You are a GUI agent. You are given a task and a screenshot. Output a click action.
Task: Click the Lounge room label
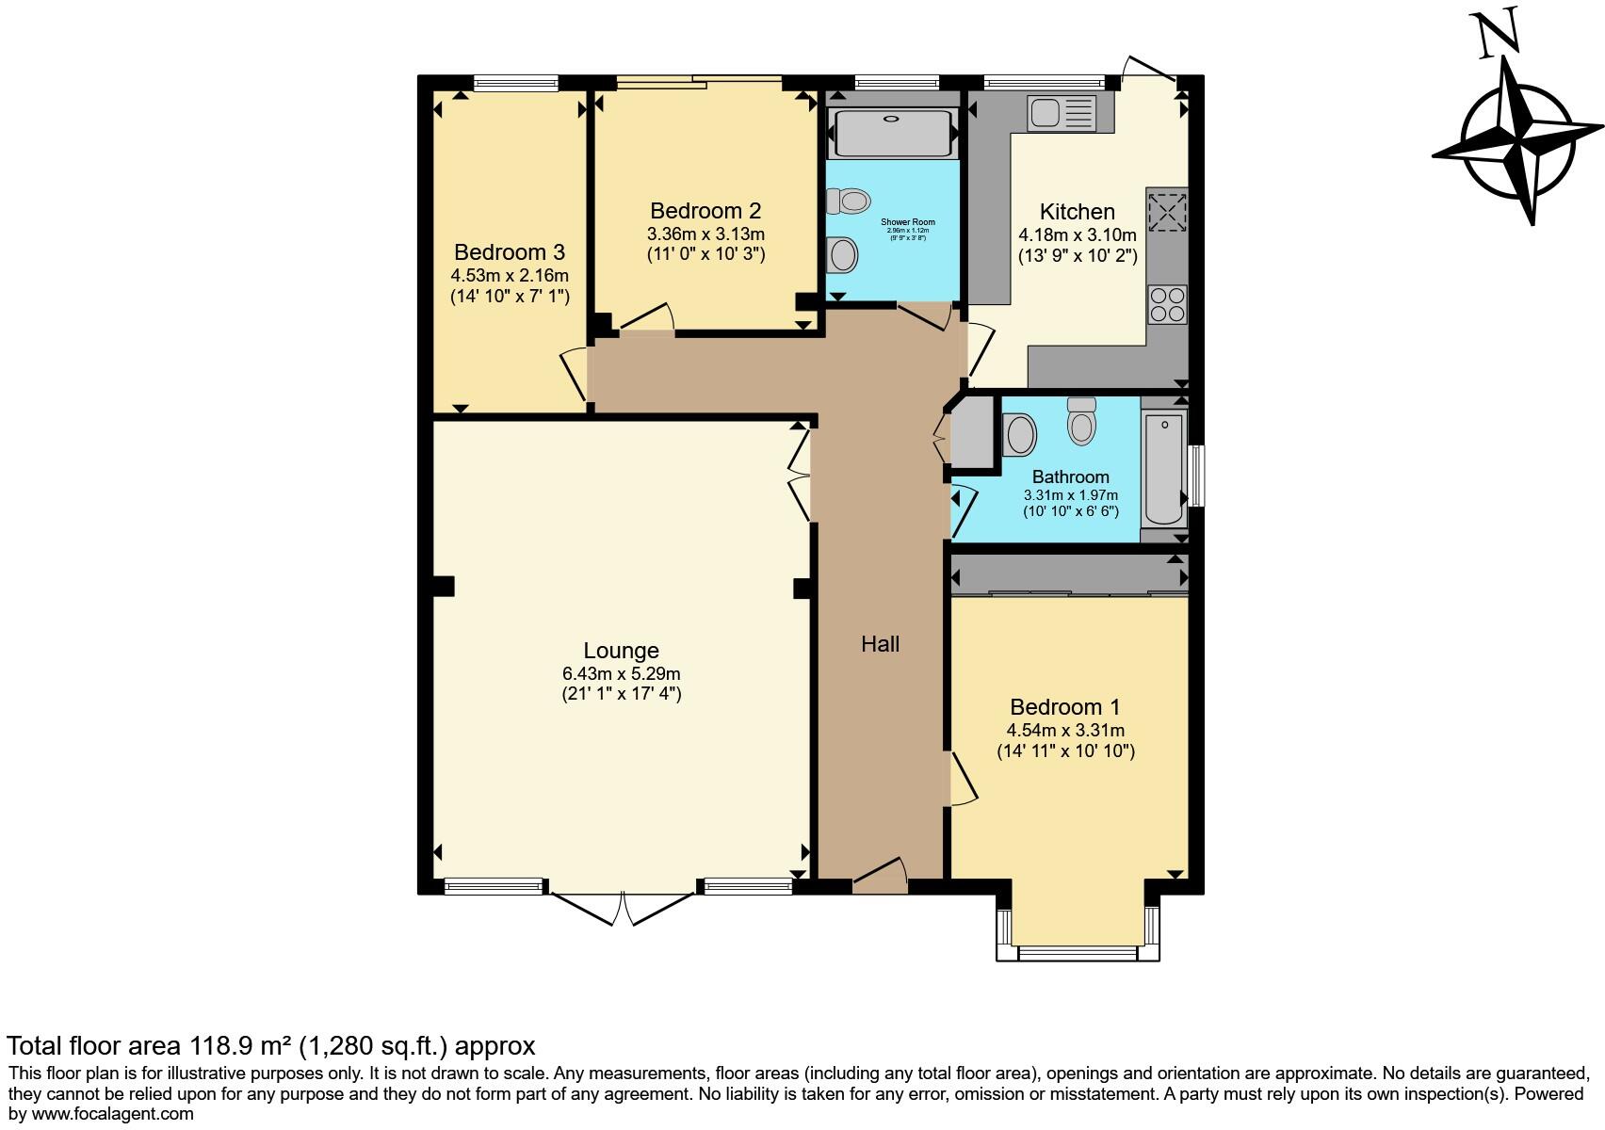621,651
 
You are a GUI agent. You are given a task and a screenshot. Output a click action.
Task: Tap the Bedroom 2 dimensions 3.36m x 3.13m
705,234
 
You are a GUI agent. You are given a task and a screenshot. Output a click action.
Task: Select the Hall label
880,644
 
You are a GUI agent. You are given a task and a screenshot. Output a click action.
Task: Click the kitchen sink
1062,113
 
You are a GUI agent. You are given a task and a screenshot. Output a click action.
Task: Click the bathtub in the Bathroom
1164,468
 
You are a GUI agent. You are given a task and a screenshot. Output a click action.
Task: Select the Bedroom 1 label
1065,707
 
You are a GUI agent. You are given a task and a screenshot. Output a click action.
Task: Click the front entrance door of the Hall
880,876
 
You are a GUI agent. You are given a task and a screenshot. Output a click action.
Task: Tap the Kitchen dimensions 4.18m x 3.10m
1077,234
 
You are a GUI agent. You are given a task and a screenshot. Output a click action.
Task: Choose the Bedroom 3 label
509,252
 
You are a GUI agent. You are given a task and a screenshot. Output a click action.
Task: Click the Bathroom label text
1070,476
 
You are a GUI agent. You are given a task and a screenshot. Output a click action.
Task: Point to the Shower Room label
907,222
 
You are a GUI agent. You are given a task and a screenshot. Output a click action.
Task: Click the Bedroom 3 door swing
576,375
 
